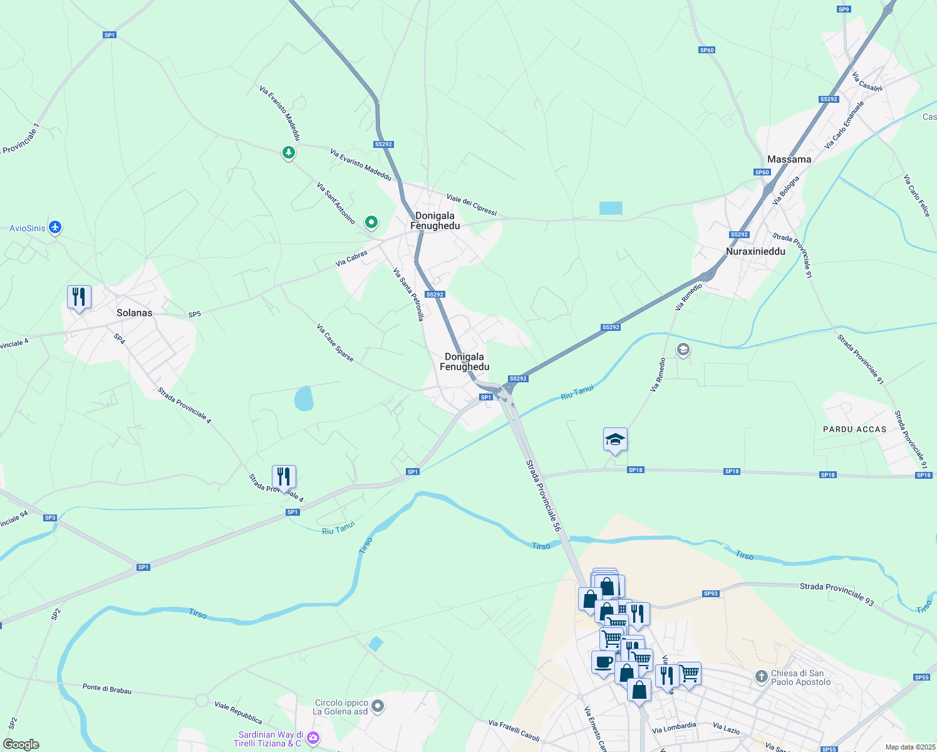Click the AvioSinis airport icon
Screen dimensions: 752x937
click(x=55, y=227)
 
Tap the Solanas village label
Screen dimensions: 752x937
click(x=134, y=313)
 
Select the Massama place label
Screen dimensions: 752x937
click(x=789, y=159)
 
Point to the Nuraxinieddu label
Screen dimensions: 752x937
click(x=755, y=251)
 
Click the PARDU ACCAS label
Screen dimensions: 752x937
click(x=854, y=429)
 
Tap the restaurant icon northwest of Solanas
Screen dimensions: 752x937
click(x=79, y=297)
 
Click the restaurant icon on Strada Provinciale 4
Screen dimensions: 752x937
click(x=284, y=478)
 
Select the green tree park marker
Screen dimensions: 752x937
click(x=288, y=152)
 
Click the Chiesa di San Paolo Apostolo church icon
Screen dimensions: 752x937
click(x=761, y=676)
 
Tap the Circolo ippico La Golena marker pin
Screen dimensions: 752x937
click(x=377, y=706)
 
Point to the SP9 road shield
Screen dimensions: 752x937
click(x=844, y=9)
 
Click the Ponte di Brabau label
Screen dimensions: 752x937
click(x=107, y=689)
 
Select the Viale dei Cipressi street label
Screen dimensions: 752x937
click(x=471, y=205)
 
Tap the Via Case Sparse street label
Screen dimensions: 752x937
click(x=335, y=343)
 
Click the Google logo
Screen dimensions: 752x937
click(x=21, y=744)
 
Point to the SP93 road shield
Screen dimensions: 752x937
click(x=710, y=593)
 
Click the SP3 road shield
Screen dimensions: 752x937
click(x=50, y=518)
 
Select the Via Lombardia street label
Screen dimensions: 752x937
click(x=673, y=728)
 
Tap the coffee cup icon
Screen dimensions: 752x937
click(x=603, y=662)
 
